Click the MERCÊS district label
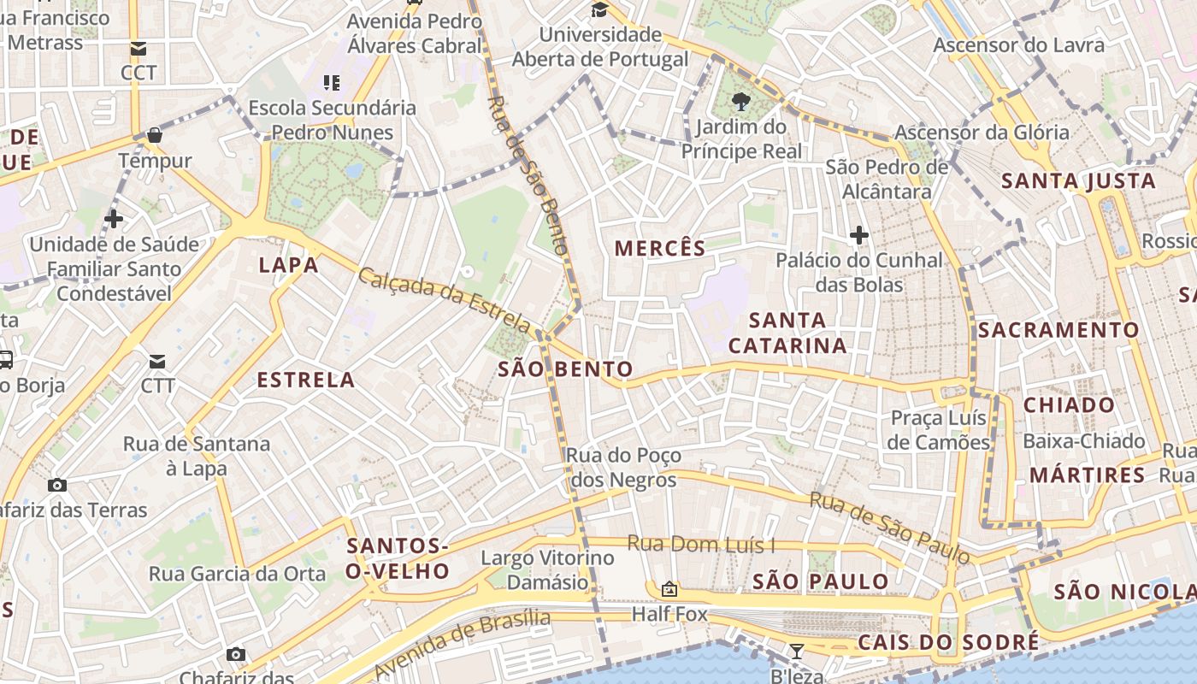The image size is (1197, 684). tap(660, 249)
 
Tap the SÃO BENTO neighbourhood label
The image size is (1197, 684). tap(565, 369)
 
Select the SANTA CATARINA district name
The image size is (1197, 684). tap(787, 333)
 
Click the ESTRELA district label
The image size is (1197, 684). tap(306, 380)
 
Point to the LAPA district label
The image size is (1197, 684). tap(289, 265)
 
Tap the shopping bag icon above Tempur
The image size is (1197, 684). tap(155, 135)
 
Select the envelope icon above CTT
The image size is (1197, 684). tap(158, 362)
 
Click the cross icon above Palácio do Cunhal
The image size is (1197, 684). tap(859, 235)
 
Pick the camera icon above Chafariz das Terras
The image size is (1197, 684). tap(57, 486)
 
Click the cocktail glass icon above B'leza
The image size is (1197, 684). tap(797, 652)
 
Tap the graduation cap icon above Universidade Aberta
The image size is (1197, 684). tap(600, 10)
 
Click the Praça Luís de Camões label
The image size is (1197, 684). tap(938, 430)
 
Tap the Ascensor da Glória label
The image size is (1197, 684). tap(982, 133)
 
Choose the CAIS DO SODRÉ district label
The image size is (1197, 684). tap(948, 642)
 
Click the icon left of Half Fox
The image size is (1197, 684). tap(669, 589)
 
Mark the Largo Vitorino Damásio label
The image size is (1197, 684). tap(547, 570)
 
